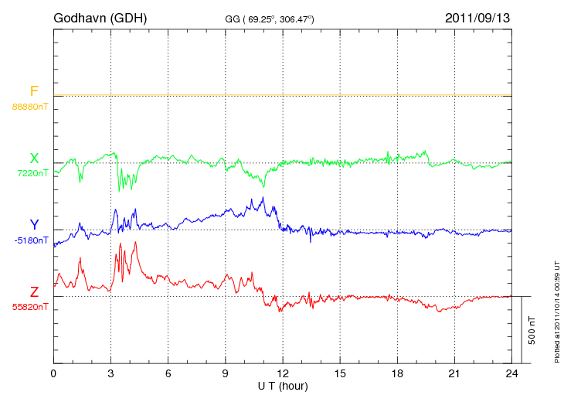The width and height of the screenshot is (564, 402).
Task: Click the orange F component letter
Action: pos(34,91)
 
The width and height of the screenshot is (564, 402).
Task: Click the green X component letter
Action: pos(34,158)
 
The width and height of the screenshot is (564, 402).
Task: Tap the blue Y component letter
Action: pos(34,225)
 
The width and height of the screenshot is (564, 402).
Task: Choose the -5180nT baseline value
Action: pos(31,240)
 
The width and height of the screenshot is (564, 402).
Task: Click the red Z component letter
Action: pos(34,292)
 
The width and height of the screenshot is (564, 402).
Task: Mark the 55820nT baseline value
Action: pos(29,307)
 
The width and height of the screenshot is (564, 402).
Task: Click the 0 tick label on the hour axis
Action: pos(53,373)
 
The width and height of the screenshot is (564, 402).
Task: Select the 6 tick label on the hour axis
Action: pos(168,373)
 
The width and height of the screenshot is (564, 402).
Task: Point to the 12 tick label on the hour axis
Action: pos(283,373)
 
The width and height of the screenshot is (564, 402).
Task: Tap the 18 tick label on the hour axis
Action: pos(397,373)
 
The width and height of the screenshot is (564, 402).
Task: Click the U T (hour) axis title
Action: pos(283,385)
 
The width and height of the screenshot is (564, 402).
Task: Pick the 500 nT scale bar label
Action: pos(532,330)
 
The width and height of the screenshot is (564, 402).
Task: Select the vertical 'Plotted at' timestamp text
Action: pos(557,309)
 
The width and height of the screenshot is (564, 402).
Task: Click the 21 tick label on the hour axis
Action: pos(454,373)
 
